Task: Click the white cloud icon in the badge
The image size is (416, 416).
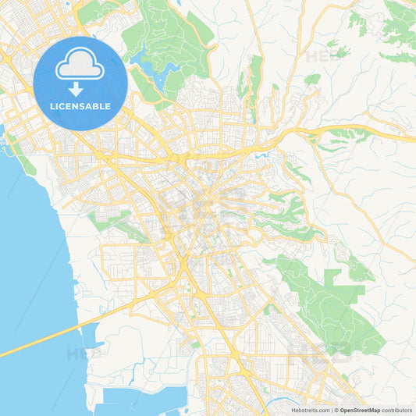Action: click(x=80, y=68)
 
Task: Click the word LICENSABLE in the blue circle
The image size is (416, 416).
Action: click(x=80, y=105)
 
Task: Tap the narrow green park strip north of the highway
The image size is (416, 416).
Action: click(x=254, y=78)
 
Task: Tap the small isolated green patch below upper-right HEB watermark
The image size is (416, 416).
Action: click(x=312, y=80)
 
